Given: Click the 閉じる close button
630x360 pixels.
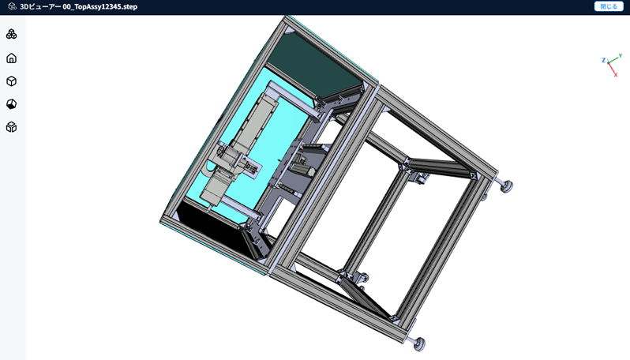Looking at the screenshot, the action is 609,6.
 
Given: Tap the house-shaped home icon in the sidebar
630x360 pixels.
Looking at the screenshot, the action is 12,58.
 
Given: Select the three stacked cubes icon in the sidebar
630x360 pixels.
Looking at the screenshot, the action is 12,34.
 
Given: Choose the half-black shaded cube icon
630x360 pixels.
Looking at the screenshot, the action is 12,104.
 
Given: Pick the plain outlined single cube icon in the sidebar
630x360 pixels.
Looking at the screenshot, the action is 12,81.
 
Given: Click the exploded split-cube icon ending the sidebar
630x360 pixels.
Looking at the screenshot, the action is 12,127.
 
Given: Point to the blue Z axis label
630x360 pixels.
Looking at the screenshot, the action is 603,60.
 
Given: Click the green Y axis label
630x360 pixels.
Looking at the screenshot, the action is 621,56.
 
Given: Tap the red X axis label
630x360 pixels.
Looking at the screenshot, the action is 616,75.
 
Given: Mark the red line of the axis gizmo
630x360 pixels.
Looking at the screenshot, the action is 612,69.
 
